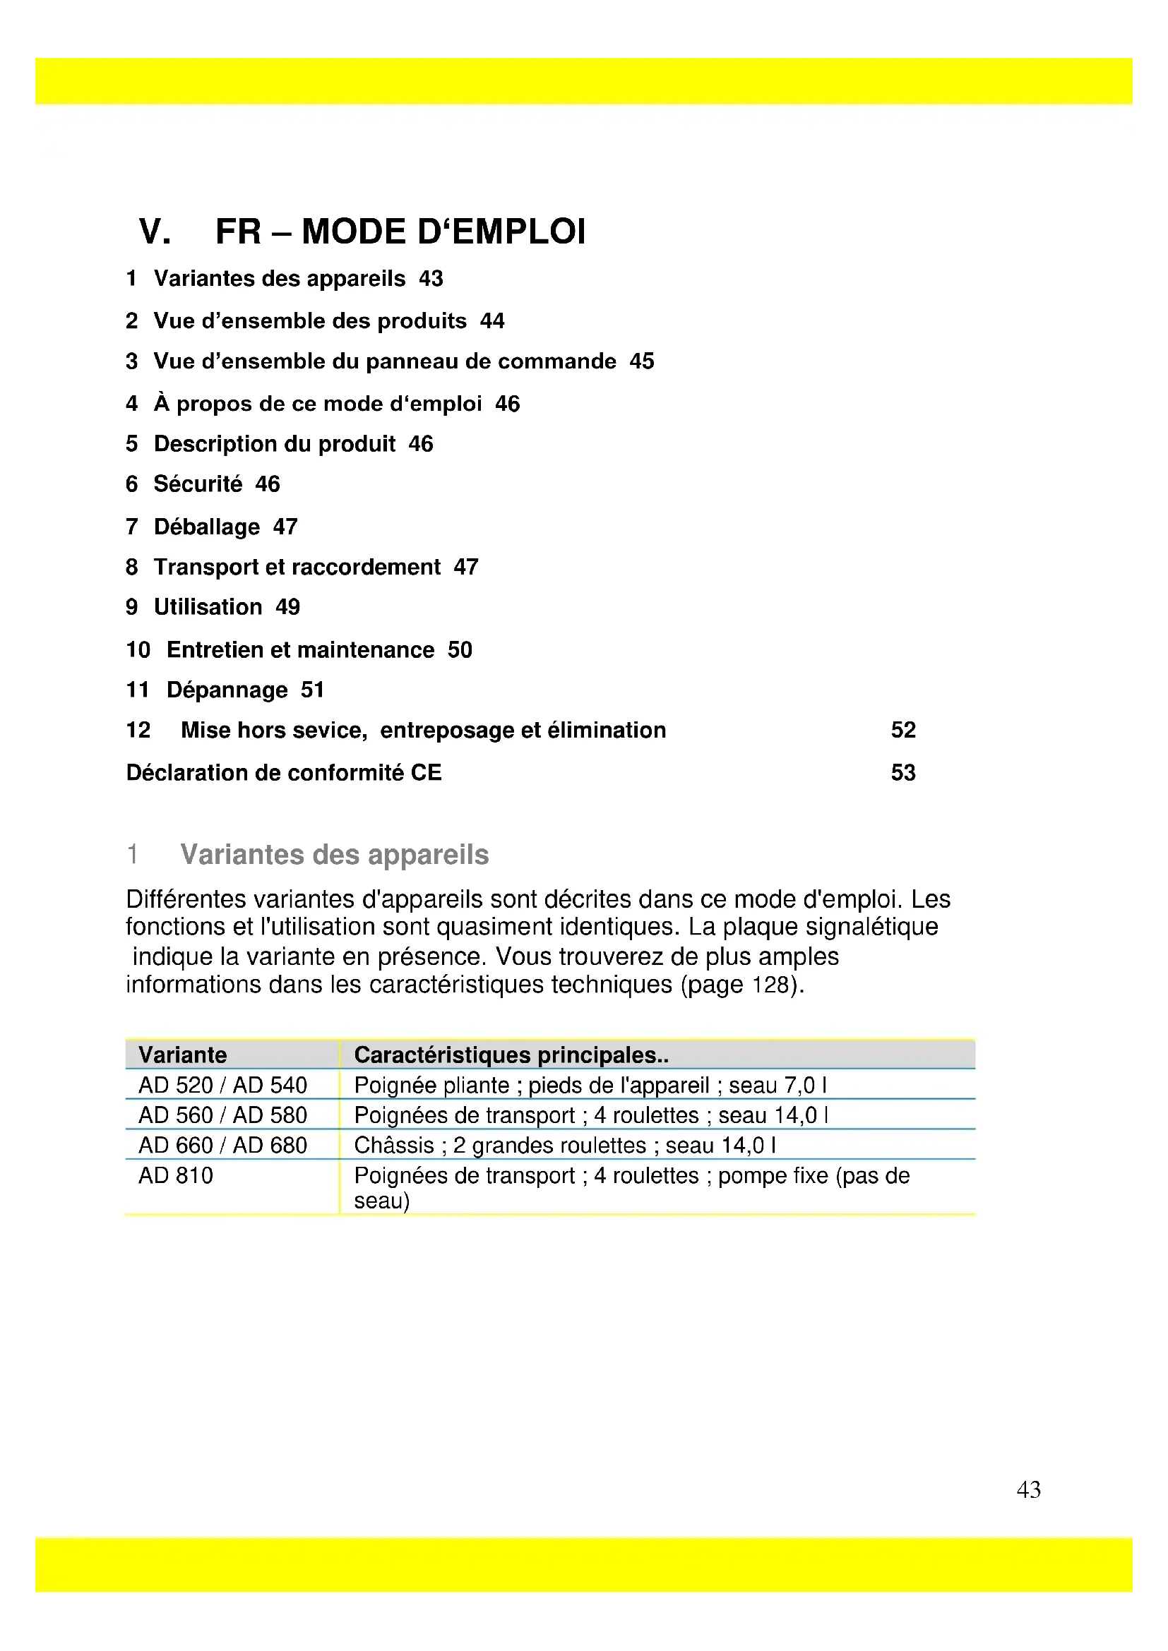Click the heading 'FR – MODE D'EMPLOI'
tap(400, 232)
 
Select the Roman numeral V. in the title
tap(155, 232)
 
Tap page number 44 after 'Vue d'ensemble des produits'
tap(492, 320)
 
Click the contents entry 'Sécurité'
tap(198, 484)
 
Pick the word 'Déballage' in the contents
tap(207, 527)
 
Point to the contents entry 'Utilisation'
tap(208, 607)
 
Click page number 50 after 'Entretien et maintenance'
tap(460, 650)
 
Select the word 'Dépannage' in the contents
tap(227, 690)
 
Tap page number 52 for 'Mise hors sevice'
tap(902, 730)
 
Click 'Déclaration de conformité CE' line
tap(284, 773)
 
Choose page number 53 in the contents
tap(902, 773)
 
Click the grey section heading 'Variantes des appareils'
tap(335, 855)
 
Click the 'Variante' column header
tap(183, 1055)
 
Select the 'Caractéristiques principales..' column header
tap(511, 1055)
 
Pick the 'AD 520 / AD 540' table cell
tap(223, 1085)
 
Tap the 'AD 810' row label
tap(177, 1176)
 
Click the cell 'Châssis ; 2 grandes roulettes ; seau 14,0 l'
tap(566, 1146)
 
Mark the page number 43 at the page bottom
tap(1028, 1489)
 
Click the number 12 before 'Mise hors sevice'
tap(138, 730)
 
